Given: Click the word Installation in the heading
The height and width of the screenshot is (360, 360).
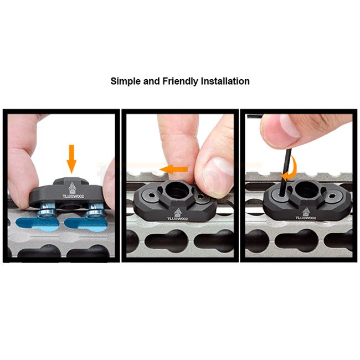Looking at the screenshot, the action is (225, 81).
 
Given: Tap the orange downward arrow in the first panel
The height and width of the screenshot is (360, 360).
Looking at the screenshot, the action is (71, 159).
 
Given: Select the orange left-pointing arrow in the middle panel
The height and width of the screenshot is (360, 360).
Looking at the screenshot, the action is (173, 169).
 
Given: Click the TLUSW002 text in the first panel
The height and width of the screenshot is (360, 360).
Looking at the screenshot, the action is (73, 196).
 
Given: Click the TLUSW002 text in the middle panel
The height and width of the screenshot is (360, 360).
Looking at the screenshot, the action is (177, 219).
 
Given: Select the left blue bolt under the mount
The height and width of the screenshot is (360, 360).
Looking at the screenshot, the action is (47, 210).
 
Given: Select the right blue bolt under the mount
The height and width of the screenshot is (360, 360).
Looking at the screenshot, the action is (95, 210).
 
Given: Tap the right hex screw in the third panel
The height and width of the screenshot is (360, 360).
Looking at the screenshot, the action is (332, 197).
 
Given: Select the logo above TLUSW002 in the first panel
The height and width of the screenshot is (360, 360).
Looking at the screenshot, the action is (72, 188).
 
